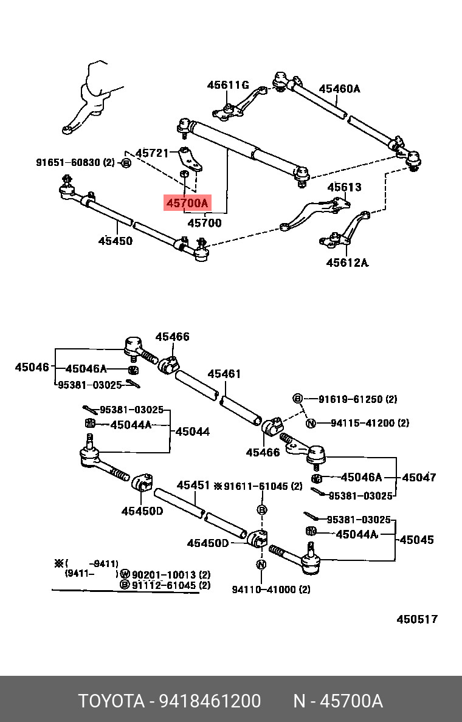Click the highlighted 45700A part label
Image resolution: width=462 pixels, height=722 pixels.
click(187, 202)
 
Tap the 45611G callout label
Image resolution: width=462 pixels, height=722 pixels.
click(228, 84)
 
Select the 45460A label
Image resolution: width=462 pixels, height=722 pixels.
click(339, 88)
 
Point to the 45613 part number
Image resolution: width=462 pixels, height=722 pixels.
click(344, 187)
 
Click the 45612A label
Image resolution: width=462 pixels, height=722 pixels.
click(347, 263)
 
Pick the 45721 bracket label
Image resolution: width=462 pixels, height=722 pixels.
click(153, 153)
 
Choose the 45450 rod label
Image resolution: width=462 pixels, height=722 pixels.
click(115, 240)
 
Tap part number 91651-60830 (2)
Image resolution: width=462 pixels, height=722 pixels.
click(75, 162)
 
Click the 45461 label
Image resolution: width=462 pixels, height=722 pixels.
click(224, 373)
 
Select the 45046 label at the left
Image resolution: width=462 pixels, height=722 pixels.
click(32, 367)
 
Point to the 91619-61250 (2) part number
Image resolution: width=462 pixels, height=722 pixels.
click(357, 399)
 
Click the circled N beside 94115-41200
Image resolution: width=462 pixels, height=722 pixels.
click(311, 423)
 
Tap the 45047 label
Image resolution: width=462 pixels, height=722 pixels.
click(419, 477)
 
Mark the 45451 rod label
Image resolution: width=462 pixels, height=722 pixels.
click(193, 486)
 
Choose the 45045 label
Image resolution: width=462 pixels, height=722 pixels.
click(416, 539)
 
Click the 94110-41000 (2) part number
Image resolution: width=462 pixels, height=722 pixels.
click(271, 590)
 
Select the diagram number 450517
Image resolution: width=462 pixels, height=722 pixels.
click(417, 619)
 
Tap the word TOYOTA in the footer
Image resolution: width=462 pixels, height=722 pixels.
click(111, 701)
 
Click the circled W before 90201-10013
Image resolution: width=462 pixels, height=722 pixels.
click(125, 575)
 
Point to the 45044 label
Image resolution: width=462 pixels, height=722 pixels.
click(193, 431)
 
